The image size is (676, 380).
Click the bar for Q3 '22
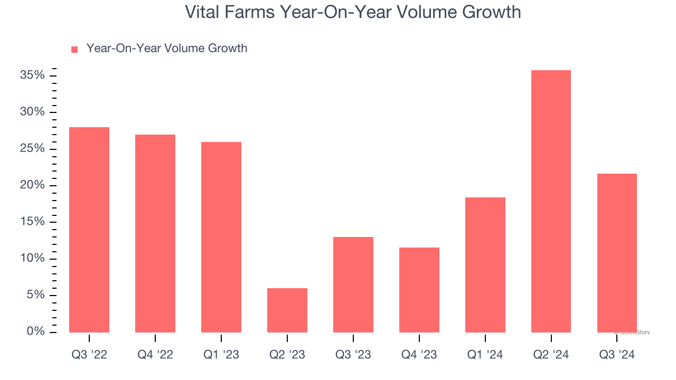[x=89, y=230]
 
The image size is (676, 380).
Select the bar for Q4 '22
[x=155, y=233]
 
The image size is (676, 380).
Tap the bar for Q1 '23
[x=221, y=237]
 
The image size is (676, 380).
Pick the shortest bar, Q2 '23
[x=287, y=310]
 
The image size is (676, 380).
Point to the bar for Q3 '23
[x=353, y=284]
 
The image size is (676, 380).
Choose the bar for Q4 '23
[x=419, y=290]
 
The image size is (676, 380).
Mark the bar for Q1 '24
[x=485, y=265]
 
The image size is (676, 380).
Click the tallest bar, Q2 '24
[x=551, y=201]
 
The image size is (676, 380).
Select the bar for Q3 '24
[x=617, y=253]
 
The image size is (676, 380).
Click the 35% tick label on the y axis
[x=32, y=75]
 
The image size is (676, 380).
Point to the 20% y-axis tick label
[x=32, y=185]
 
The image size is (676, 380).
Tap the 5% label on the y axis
[x=35, y=295]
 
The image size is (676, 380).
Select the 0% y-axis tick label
[x=35, y=331]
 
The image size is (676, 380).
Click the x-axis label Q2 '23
[x=287, y=355]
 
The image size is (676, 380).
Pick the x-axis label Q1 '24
[x=485, y=355]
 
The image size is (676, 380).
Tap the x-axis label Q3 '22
[x=89, y=355]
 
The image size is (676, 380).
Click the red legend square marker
[x=74, y=49]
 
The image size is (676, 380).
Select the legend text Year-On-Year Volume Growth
[x=167, y=49]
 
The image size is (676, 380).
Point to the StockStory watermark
[x=632, y=332]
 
